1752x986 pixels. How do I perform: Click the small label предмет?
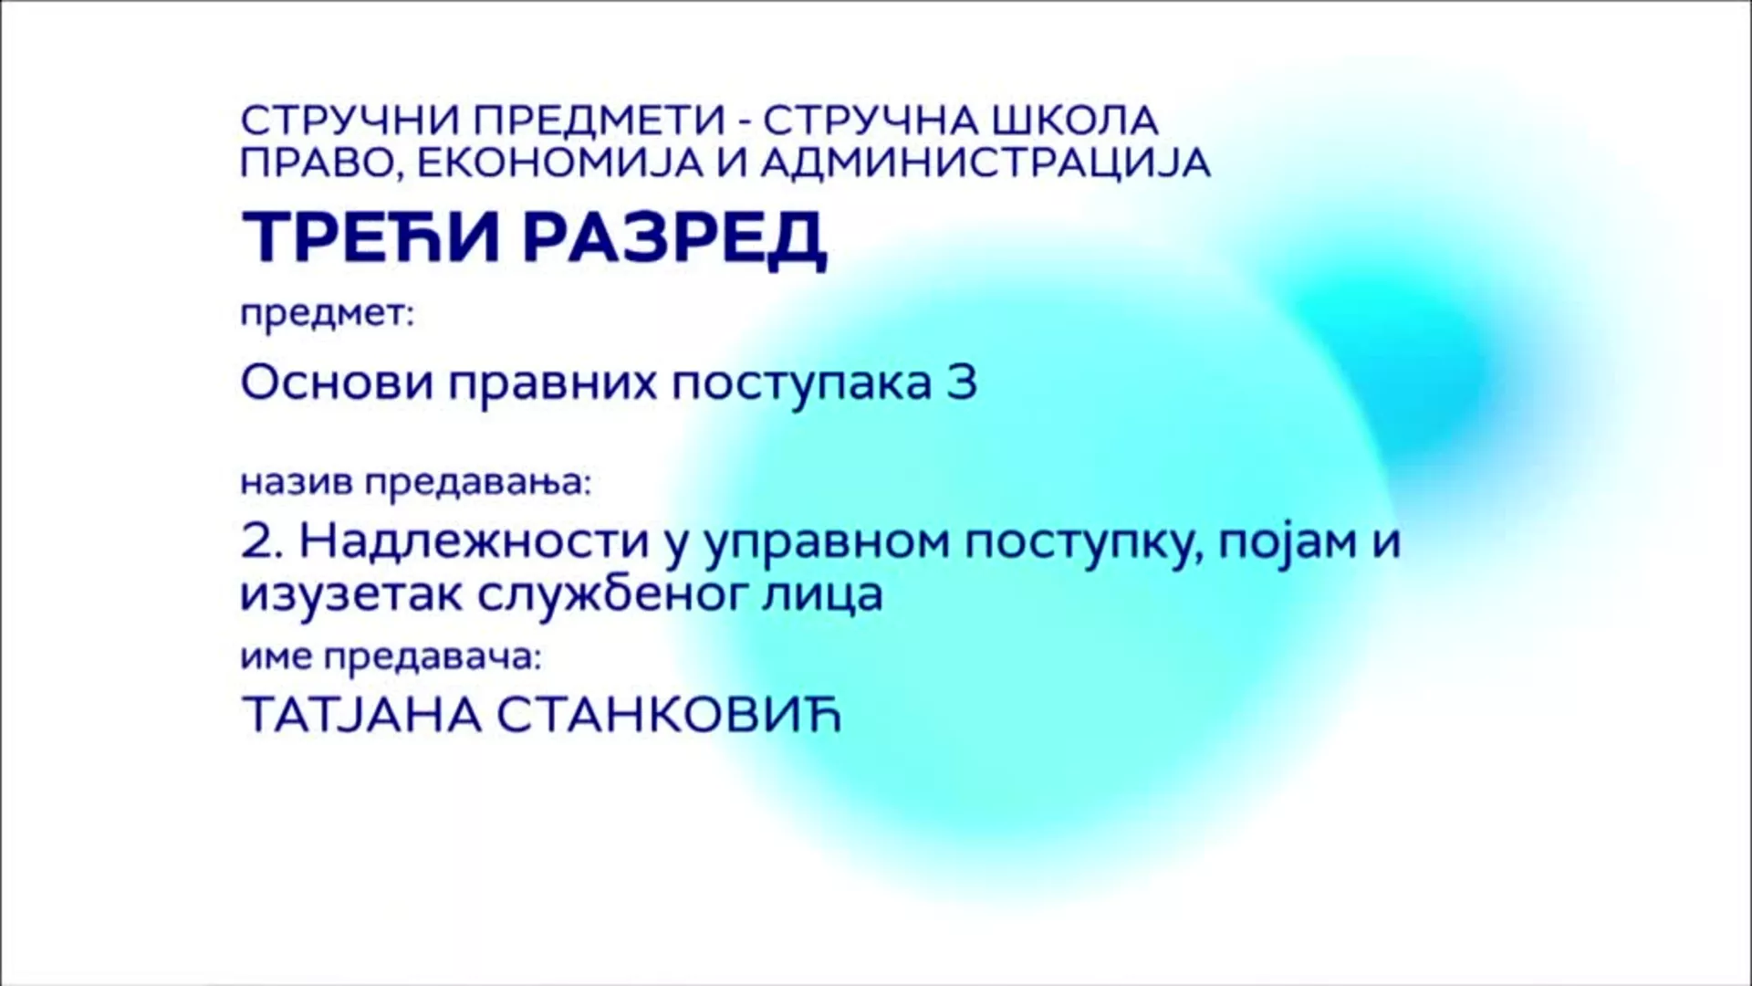coord(327,316)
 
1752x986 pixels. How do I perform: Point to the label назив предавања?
coord(416,483)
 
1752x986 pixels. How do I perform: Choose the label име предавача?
coord(391,658)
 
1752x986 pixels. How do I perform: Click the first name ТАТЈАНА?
coord(361,716)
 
